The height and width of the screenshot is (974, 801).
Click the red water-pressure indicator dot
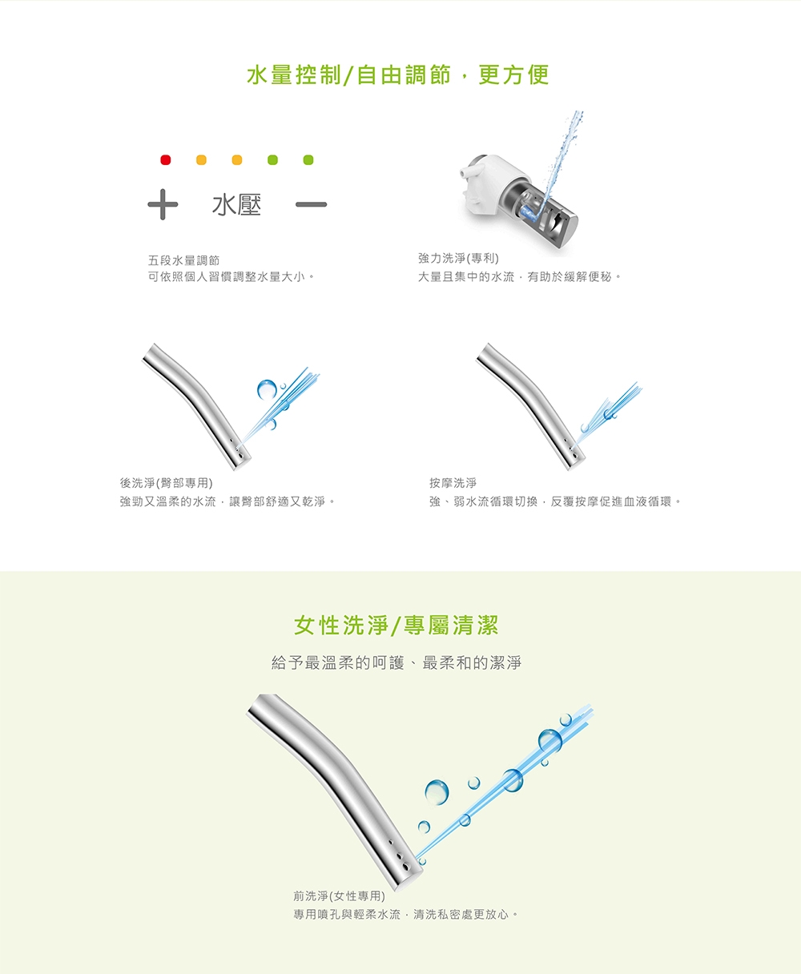coord(165,160)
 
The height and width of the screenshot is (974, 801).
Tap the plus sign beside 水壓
coord(163,204)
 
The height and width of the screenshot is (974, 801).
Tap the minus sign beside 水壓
coord(311,204)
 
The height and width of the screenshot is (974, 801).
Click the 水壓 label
coord(236,204)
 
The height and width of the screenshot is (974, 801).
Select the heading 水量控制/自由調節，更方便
coord(398,75)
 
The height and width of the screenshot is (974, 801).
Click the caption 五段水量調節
coord(183,260)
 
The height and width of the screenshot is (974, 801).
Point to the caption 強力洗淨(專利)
coord(458,258)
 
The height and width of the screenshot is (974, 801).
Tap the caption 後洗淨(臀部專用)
coord(166,483)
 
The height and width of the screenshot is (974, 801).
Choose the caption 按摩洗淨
coord(453,483)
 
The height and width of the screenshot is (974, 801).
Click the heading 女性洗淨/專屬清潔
coord(396,626)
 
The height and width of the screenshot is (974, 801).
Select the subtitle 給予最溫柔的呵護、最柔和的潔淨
coord(396,663)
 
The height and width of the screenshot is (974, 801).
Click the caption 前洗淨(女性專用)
coord(339,896)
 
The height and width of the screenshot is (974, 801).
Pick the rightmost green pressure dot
coord(308,160)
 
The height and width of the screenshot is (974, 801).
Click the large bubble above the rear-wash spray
coord(267,390)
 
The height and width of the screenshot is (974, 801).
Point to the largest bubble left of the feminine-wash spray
coord(437,792)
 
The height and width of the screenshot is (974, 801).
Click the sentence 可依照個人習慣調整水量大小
coord(231,277)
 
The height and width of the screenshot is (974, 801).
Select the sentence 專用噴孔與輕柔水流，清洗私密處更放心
coord(405,914)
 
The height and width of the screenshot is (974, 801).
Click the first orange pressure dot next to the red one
coord(201,160)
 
